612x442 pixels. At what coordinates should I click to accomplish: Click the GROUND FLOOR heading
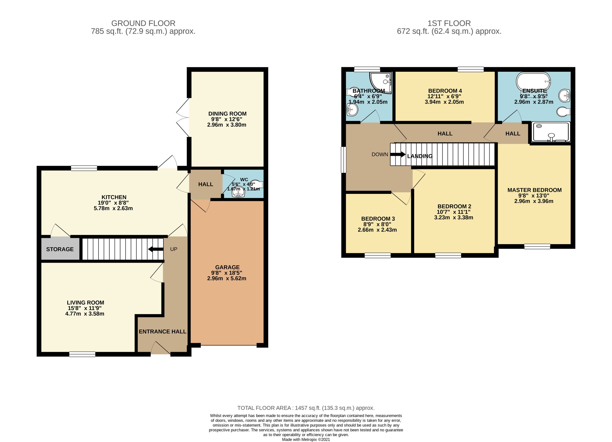[143, 23]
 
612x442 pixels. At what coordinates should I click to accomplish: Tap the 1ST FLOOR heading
[449, 23]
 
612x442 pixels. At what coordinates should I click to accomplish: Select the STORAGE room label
[60, 249]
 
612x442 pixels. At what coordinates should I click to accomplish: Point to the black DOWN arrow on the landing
[398, 155]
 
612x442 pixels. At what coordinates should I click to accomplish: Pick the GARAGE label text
[227, 267]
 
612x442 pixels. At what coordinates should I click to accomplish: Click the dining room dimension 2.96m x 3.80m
[227, 125]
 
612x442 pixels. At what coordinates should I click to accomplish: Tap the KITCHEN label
[114, 197]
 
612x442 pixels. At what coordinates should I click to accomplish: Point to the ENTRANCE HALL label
[162, 332]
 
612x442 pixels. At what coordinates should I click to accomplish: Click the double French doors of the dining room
[184, 118]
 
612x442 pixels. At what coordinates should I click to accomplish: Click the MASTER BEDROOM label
[534, 190]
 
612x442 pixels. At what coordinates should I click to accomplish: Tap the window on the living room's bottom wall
[82, 354]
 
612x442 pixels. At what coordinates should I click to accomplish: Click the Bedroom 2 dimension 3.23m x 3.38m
[453, 218]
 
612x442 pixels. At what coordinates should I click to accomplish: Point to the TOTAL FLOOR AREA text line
[306, 408]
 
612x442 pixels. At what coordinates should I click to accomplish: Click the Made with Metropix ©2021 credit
[306, 439]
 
